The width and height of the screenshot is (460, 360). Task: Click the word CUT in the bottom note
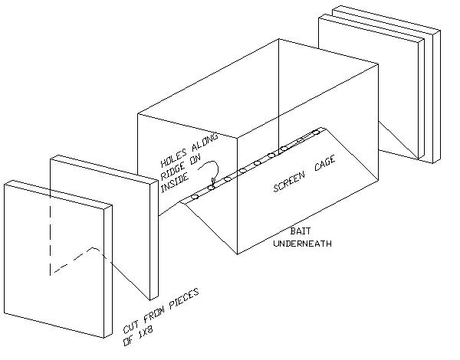coord(131,324)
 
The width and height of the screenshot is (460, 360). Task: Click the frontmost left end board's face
coord(54,260)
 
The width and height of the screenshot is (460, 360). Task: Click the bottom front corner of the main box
coord(237,254)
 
